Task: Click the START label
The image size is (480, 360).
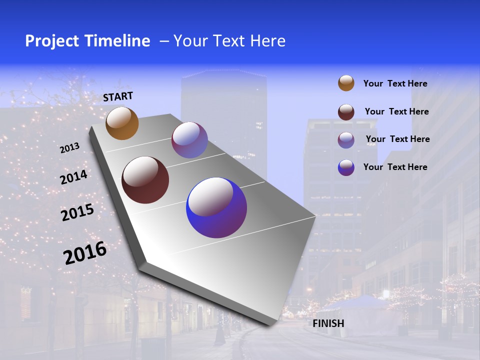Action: pyautogui.click(x=118, y=96)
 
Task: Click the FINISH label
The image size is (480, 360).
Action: pyautogui.click(x=328, y=323)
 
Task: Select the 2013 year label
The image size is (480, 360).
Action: pyautogui.click(x=70, y=148)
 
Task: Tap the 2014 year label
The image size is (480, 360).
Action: pyautogui.click(x=74, y=177)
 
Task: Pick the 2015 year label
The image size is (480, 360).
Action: pyautogui.click(x=77, y=213)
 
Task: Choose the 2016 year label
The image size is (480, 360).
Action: pyautogui.click(x=85, y=253)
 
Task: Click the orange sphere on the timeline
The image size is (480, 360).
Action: pyautogui.click(x=122, y=123)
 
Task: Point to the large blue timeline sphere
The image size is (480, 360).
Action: pyautogui.click(x=216, y=207)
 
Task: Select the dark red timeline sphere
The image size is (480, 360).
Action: pyautogui.click(x=145, y=180)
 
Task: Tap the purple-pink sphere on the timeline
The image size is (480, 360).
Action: pyautogui.click(x=189, y=140)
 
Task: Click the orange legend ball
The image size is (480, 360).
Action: pyautogui.click(x=346, y=83)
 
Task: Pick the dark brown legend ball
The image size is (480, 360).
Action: pyautogui.click(x=346, y=112)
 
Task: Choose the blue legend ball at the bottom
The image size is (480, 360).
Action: pyautogui.click(x=346, y=167)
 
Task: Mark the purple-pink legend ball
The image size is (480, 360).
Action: pyautogui.click(x=346, y=139)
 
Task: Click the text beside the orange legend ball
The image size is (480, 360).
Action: pyautogui.click(x=395, y=84)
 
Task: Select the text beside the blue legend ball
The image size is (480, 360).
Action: pyautogui.click(x=395, y=167)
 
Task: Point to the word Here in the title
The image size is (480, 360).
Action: pyautogui.click(x=267, y=41)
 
